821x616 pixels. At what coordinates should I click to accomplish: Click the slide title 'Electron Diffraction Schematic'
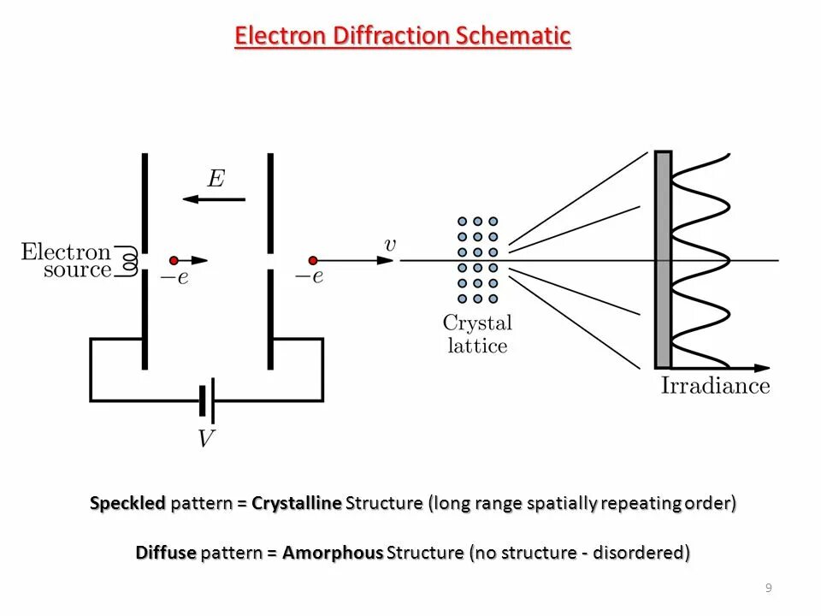(403, 36)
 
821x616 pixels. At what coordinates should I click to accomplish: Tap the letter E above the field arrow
(216, 179)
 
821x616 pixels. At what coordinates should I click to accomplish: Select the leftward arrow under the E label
(214, 199)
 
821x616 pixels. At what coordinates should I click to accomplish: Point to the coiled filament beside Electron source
(130, 260)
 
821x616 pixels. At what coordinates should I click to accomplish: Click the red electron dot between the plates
(174, 260)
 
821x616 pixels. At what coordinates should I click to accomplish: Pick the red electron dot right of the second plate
(313, 260)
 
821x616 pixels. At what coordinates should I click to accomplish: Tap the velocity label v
(390, 246)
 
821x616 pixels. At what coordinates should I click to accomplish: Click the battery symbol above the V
(206, 400)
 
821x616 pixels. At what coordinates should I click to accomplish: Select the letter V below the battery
(206, 439)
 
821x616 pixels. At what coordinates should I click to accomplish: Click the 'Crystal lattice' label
(476, 335)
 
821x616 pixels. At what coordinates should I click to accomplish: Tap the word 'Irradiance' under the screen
(715, 386)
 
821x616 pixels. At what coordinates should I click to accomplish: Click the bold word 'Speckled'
(127, 503)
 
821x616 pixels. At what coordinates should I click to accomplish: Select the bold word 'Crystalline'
(297, 503)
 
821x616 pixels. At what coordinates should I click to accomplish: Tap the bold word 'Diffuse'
(166, 553)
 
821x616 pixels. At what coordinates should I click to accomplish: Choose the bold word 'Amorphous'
(333, 553)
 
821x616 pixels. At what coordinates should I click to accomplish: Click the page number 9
(768, 588)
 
